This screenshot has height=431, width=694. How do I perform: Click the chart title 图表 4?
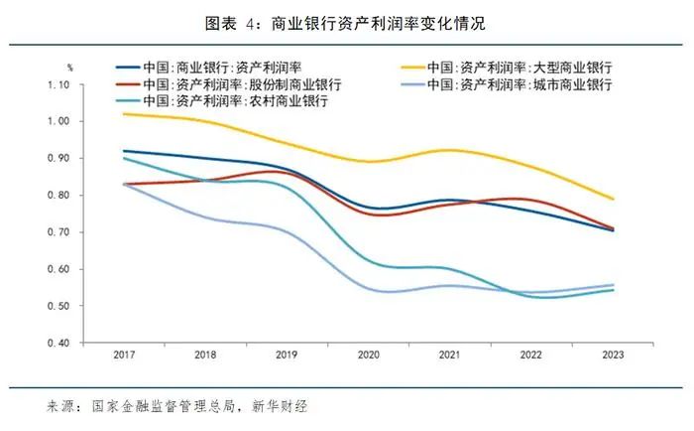pyautogui.click(x=346, y=21)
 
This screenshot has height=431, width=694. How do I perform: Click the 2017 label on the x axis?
pyautogui.click(x=124, y=356)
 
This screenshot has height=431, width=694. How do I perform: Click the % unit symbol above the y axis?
pyautogui.click(x=70, y=68)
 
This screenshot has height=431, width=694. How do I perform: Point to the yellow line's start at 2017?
pyautogui.click(x=124, y=114)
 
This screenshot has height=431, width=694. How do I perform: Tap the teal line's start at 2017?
pyautogui.click(x=124, y=159)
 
